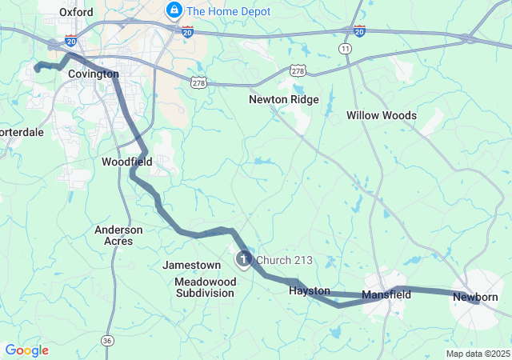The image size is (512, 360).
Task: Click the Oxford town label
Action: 77,12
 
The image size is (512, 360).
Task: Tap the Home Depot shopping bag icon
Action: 172,10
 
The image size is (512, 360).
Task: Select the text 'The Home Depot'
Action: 227,11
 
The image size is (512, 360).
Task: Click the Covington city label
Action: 93,74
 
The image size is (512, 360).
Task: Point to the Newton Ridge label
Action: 283,100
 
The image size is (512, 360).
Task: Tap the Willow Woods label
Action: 381,115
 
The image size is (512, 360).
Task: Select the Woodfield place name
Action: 126,162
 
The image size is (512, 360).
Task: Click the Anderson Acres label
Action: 118,235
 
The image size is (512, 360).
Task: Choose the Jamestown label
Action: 191,265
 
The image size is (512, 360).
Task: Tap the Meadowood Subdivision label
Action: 206,287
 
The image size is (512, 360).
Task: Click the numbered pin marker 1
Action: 242,259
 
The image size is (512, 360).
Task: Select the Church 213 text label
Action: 284,260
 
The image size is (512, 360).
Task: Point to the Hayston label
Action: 310,291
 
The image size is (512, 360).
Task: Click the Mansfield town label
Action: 386,294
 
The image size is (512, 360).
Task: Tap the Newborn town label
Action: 475,297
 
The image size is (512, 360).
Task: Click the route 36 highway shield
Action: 107,340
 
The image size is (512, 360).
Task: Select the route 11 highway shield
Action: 345,49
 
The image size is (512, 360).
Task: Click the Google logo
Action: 26,350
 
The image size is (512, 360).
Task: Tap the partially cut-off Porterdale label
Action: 22,132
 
